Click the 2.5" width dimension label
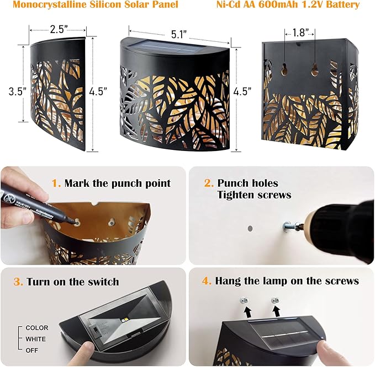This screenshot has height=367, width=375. pyautogui.click(x=57, y=30)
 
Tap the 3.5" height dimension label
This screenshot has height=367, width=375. pyautogui.click(x=18, y=91)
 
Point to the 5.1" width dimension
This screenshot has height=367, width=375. pyautogui.click(x=178, y=34)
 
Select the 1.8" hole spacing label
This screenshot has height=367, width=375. pyautogui.click(x=300, y=33)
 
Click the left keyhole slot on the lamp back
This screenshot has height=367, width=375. pyautogui.click(x=284, y=69)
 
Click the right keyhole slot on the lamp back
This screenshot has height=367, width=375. pyautogui.click(x=314, y=69)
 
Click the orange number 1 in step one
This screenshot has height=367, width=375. pyautogui.click(x=56, y=183)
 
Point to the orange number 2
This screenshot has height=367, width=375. pyautogui.click(x=209, y=183)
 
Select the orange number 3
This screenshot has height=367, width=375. pyautogui.click(x=18, y=282)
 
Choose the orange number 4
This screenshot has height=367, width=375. pyautogui.click(x=207, y=281)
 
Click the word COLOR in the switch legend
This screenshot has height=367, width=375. pyautogui.click(x=37, y=328)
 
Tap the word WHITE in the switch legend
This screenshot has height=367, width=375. pyautogui.click(x=36, y=339)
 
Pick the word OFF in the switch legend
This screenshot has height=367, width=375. pyautogui.click(x=32, y=350)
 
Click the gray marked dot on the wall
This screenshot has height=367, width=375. pyautogui.click(x=250, y=229)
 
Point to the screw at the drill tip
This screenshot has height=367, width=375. pyautogui.click(x=290, y=226)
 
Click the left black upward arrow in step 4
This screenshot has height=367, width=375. pyautogui.click(x=247, y=312)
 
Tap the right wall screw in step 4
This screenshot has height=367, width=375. pyautogui.click(x=275, y=300)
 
